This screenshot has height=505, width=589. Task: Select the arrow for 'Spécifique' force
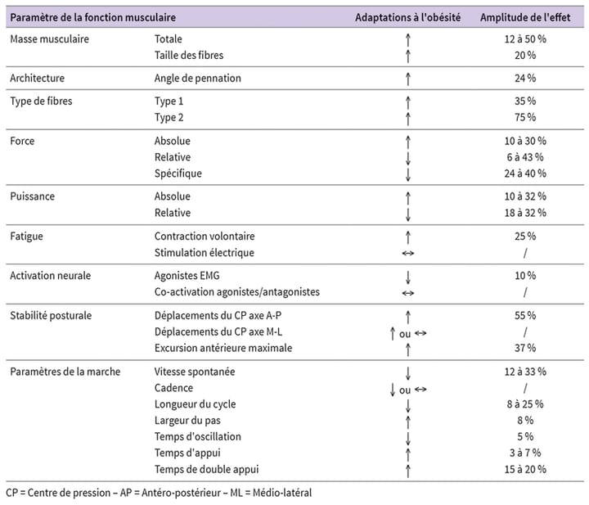pyautogui.click(x=407, y=174)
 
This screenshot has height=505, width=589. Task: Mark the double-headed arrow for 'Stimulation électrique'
pyautogui.click(x=407, y=253)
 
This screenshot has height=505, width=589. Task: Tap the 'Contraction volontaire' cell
pyautogui.click(x=205, y=237)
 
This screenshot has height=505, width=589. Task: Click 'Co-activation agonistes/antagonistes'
pyautogui.click(x=237, y=292)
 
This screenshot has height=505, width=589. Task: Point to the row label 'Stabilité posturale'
pyautogui.click(x=51, y=315)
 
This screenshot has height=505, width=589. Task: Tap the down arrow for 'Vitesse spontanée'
pyautogui.click(x=407, y=372)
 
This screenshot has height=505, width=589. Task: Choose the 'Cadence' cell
pyautogui.click(x=174, y=388)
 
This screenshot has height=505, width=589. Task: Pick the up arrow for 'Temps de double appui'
pyautogui.click(x=407, y=469)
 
